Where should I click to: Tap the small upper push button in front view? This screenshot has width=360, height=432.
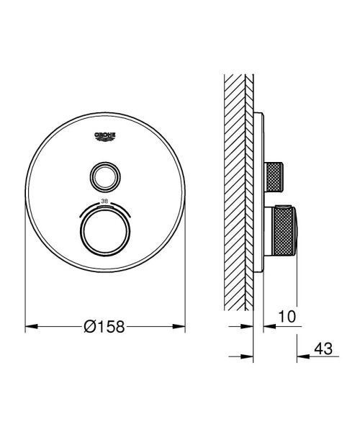tap(107, 174)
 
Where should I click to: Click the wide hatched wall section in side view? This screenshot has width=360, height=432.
tap(234, 180)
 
